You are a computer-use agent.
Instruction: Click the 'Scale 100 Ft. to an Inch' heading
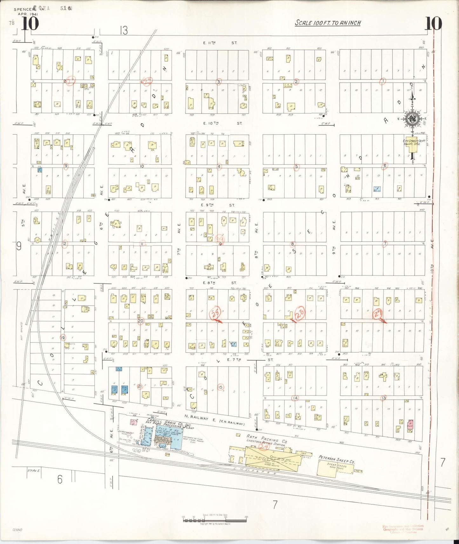pos(328,23)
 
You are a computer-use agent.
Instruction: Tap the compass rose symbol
pos(413,119)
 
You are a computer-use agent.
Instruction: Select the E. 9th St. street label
pos(219,205)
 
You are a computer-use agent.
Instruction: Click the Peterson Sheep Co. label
pos(337,459)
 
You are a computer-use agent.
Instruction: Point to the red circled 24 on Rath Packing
pos(263,447)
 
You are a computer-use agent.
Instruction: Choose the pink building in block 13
pos(410,424)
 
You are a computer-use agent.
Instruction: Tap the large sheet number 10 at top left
pos(30,23)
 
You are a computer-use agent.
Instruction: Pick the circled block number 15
pos(220,387)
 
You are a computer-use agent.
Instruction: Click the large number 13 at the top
pos(124,30)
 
